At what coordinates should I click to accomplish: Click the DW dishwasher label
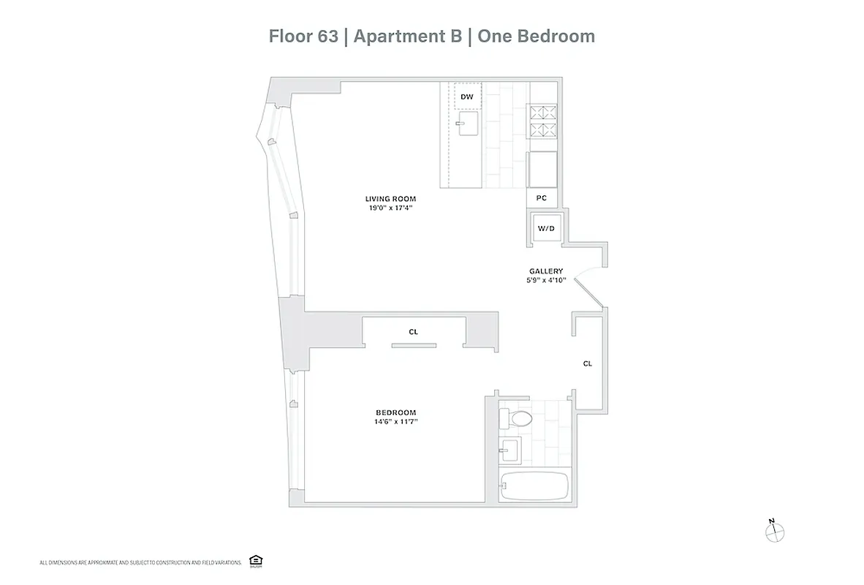click(x=466, y=97)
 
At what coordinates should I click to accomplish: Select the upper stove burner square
click(x=543, y=113)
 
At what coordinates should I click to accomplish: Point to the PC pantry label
click(x=542, y=198)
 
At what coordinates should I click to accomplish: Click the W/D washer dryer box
click(x=546, y=229)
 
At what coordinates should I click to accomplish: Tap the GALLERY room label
click(x=546, y=271)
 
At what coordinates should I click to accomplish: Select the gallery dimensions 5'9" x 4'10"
click(x=546, y=279)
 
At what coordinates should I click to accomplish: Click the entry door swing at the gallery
click(x=587, y=291)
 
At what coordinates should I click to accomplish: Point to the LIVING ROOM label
click(x=391, y=199)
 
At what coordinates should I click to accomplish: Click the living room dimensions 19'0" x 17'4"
click(x=391, y=208)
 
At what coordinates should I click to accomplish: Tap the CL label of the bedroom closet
click(x=413, y=332)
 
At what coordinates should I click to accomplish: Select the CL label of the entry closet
click(x=588, y=363)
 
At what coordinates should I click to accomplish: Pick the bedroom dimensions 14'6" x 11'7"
click(x=396, y=421)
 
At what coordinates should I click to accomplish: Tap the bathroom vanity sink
click(x=509, y=448)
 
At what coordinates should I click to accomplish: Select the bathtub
click(x=534, y=485)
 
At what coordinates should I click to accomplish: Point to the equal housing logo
click(x=256, y=561)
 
